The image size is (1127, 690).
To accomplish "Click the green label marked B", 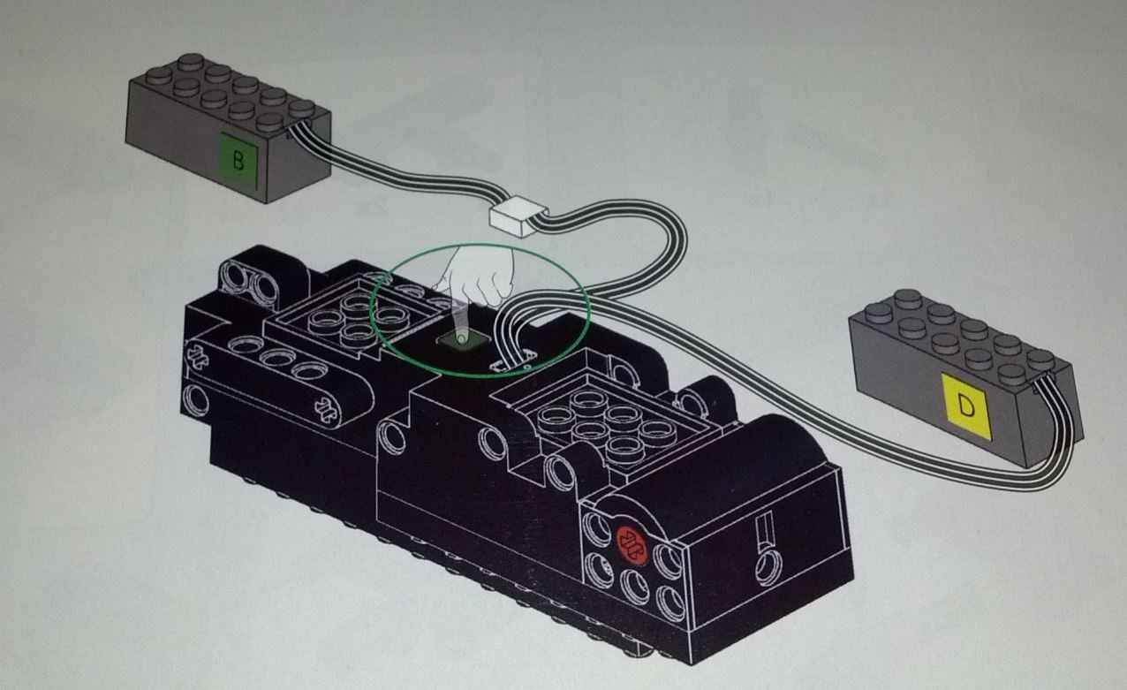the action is tap(239, 161).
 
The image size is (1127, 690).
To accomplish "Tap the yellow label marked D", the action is tap(966, 406).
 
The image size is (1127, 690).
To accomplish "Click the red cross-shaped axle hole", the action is tap(632, 546).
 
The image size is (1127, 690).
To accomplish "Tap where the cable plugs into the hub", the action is tap(513, 360).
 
